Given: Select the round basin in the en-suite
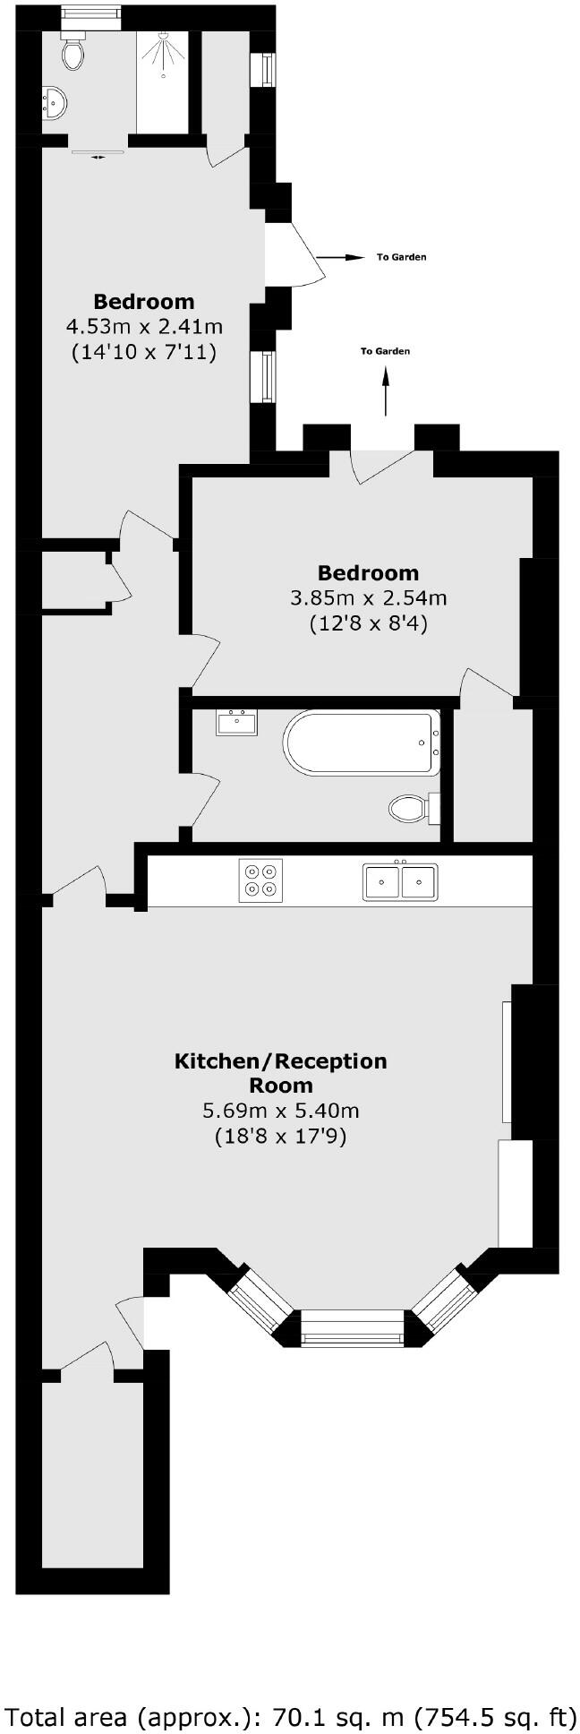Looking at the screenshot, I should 54,104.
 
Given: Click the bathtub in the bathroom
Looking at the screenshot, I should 362,743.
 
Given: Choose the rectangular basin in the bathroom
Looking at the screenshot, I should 237,722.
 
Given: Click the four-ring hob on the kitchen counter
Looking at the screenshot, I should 260,880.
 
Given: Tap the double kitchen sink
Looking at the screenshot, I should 400,881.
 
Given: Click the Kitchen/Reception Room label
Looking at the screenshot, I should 280,1072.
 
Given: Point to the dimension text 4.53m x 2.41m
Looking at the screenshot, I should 144,326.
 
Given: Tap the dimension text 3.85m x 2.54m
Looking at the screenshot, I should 369,597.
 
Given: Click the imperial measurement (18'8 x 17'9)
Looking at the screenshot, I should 280,1137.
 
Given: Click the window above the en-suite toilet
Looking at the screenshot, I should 90,13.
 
